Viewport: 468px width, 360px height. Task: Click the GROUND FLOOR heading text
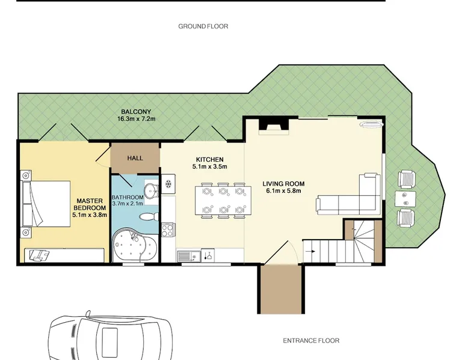coord(203,26)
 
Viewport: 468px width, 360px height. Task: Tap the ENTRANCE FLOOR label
coord(311,340)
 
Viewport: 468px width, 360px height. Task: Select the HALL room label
coord(135,158)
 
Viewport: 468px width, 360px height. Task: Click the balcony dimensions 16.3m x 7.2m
coord(137,119)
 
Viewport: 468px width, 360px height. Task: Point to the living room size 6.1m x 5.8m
coord(283,191)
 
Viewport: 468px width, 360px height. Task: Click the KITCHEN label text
coord(209,160)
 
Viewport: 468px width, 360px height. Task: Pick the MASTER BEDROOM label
coord(90,204)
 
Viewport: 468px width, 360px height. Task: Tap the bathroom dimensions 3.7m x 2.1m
coord(128,203)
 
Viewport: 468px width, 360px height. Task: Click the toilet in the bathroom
coord(149,217)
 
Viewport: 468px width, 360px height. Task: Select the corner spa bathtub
coord(134,245)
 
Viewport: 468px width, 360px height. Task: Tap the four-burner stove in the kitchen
coord(167,230)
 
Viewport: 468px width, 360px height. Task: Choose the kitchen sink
coord(189,256)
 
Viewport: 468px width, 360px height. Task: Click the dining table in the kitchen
coord(223,200)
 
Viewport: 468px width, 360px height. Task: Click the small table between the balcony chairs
coord(405,200)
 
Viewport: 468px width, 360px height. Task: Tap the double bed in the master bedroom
coord(46,204)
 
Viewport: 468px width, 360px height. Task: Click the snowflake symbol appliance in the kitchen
coord(168,184)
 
